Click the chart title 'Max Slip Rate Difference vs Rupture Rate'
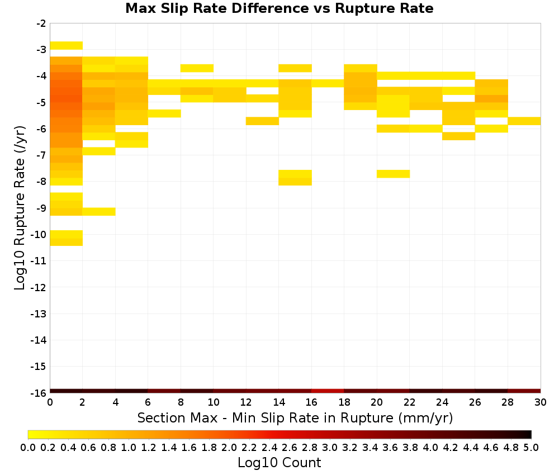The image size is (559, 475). click(x=279, y=8)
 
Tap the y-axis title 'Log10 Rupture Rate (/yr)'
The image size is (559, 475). click(x=20, y=208)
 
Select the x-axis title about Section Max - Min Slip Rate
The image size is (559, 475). click(x=295, y=417)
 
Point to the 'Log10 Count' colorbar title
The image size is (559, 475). click(x=279, y=463)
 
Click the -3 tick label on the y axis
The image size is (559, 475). click(x=41, y=50)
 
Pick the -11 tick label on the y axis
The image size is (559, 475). click(x=39, y=261)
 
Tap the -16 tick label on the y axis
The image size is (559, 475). click(x=39, y=393)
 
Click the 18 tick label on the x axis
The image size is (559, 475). click(x=344, y=402)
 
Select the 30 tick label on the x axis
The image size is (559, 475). click(x=541, y=402)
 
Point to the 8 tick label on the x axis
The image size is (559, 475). click(x=181, y=402)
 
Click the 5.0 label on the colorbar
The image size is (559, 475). click(x=531, y=447)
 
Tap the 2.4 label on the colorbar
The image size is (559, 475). click(x=269, y=447)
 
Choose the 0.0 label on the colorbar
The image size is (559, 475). click(x=28, y=447)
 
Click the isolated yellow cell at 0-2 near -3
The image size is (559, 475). click(x=67, y=46)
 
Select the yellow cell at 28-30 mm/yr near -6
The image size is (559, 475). click(x=524, y=121)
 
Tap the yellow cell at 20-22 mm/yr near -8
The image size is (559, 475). click(x=393, y=174)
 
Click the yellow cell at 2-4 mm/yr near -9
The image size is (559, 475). click(x=99, y=212)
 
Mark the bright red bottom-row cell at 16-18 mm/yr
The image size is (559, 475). click(x=328, y=391)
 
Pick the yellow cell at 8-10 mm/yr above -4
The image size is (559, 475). click(x=197, y=68)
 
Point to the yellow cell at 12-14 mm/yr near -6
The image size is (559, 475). click(x=262, y=121)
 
